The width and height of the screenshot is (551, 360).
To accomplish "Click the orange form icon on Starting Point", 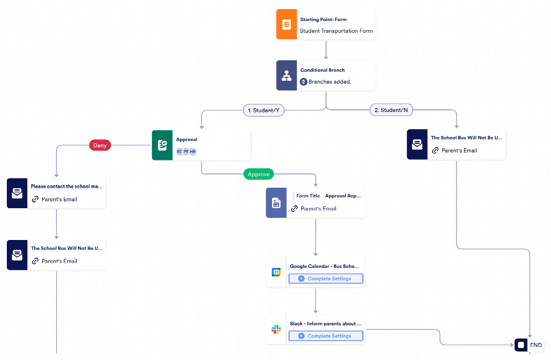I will coord(286,24).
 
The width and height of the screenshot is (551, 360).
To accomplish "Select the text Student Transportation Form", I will coord(336,31).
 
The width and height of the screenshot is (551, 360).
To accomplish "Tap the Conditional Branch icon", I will coord(286,76).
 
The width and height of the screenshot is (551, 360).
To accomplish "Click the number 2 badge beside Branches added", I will coord(303,82).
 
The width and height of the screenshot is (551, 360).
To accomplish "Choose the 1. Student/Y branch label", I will coord(264,110).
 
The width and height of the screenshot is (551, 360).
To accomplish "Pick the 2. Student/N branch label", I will coord(392,110).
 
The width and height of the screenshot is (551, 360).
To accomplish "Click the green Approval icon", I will coord(162,145).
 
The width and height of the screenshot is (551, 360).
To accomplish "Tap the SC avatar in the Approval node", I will coord(179,151).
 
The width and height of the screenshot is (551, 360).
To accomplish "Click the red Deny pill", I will coord(100,146).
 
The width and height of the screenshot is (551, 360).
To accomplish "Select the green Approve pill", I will coord(258,174).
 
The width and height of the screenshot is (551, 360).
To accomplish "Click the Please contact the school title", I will coord(67,187).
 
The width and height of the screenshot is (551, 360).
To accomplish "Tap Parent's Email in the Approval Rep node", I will coord(318,209).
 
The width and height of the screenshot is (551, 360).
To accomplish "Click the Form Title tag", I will coord(308,196).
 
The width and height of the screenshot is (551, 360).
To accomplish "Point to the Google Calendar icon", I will coord(276,272).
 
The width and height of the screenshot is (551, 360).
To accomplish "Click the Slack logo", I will coord(276,329).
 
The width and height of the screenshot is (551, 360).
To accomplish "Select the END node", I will coord(529,345).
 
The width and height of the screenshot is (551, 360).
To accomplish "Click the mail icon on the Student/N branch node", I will coord(417,144).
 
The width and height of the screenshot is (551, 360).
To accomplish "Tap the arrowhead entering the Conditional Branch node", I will coord(326,57).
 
